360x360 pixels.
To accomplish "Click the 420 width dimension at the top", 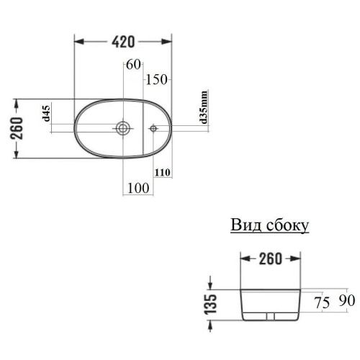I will (x=124, y=41).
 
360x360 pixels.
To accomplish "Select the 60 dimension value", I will (x=133, y=64).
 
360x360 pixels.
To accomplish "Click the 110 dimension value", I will (x=161, y=172).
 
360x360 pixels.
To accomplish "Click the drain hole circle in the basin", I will (x=124, y=129).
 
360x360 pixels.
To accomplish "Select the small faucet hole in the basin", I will (x=153, y=129).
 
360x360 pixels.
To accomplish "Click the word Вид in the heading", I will (x=244, y=225).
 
